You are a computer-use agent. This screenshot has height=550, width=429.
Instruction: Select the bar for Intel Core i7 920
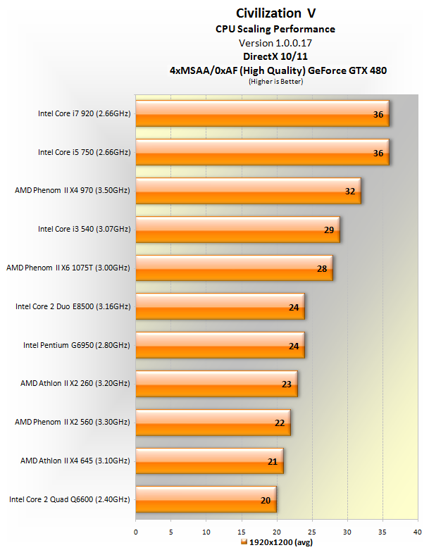[x=261, y=113]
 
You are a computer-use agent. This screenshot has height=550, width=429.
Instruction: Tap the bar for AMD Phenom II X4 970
[x=247, y=190]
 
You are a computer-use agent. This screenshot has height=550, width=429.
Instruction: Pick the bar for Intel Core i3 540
[x=237, y=228]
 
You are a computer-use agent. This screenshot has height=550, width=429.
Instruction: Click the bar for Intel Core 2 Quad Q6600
[x=205, y=499]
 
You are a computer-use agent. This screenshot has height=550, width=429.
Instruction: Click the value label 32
[x=349, y=191]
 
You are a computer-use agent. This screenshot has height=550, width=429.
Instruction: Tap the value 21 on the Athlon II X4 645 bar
[x=271, y=462]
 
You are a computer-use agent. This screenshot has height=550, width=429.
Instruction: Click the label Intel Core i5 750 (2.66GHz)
[x=84, y=151]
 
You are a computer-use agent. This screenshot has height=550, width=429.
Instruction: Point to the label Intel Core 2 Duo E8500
[x=73, y=306]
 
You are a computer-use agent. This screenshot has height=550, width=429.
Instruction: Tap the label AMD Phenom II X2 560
[x=73, y=423]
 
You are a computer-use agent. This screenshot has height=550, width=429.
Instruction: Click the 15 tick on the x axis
[x=242, y=532]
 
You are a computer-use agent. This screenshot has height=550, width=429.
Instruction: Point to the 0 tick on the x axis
[x=136, y=532]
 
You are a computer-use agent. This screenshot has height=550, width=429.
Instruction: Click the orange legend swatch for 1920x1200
[x=244, y=542]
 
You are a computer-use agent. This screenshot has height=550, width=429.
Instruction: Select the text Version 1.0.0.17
[x=275, y=43]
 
